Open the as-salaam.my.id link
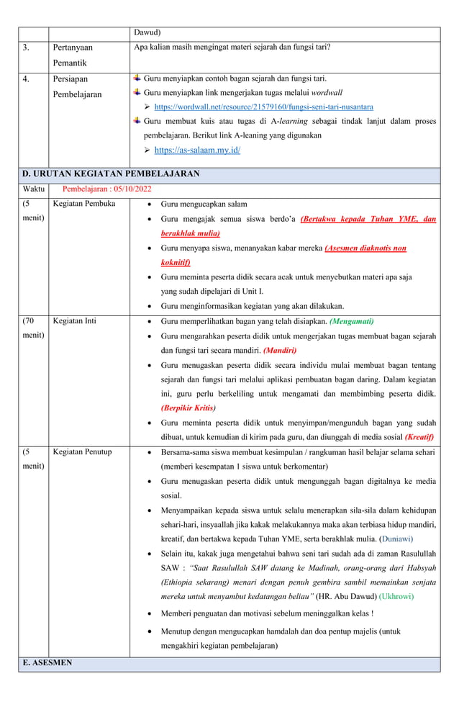(197, 150)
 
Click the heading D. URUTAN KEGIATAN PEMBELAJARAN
(111, 174)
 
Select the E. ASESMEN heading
(47, 662)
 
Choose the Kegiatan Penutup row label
(83, 452)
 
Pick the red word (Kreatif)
(419, 436)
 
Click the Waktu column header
(33, 189)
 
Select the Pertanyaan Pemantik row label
(73, 55)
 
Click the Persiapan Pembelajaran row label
(77, 86)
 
